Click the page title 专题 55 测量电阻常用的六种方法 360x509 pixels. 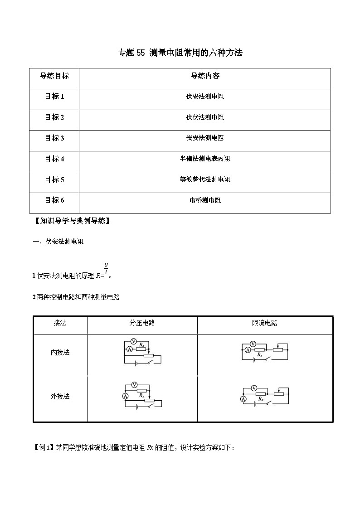pos(180,53)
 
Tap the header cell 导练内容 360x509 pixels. pos(205,76)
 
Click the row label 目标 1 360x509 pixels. pos(54,97)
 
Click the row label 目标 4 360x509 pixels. pos(54,159)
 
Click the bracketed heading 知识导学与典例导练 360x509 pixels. pos(73,222)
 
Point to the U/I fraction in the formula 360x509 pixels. pos(106,268)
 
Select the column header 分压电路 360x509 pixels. pos(142,323)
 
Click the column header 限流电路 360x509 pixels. pos(265,323)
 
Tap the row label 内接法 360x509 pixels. pos(60,352)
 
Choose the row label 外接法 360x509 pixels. pos(60,396)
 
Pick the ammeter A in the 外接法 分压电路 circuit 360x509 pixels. pos(126,396)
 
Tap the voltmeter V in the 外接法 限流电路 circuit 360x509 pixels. pos(254,388)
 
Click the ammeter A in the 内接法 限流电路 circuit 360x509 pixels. pos(248,350)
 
